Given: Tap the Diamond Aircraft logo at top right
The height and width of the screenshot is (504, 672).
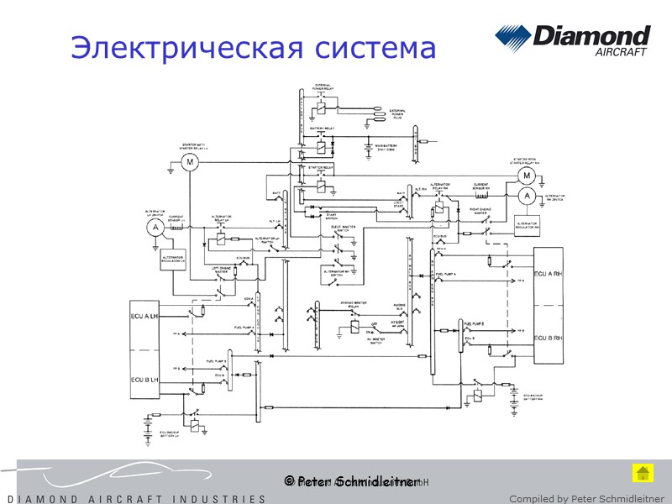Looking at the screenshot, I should (572, 41).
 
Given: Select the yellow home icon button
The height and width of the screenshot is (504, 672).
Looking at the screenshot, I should (641, 472).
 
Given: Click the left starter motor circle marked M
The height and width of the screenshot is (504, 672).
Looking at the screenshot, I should (190, 161).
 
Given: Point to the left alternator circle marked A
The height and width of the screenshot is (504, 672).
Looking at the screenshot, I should (154, 227).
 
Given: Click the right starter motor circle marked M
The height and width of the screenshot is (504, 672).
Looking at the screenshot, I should (527, 175).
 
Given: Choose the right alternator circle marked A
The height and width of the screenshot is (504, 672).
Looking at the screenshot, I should (527, 195).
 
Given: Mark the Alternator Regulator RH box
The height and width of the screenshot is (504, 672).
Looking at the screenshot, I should (529, 222).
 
